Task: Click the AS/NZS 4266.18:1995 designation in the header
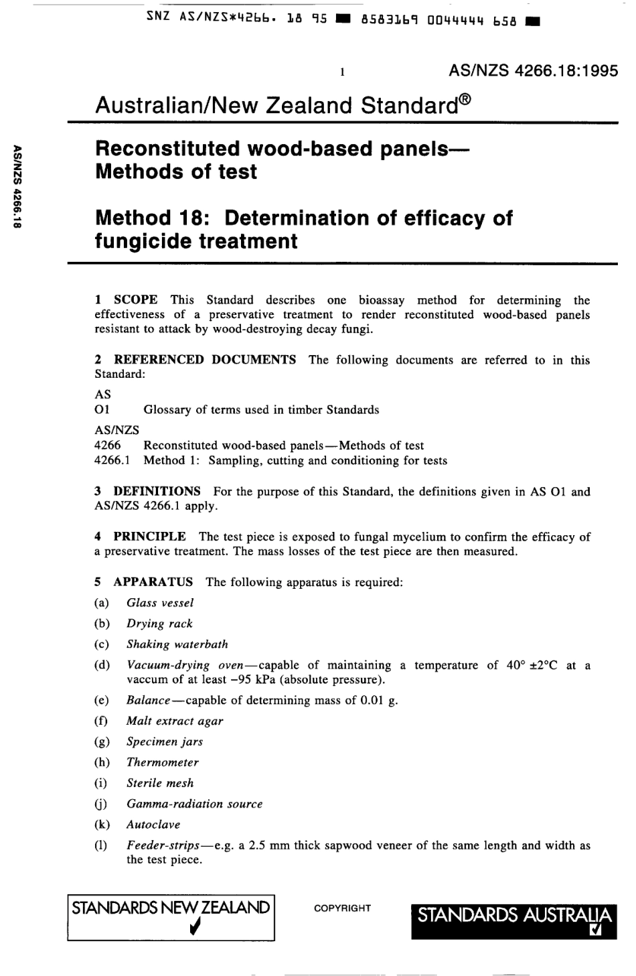(x=534, y=71)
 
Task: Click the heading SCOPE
(x=136, y=300)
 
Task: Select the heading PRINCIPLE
(x=149, y=536)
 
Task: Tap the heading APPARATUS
(x=153, y=581)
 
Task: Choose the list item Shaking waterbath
(x=177, y=644)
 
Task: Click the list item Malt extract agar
(x=175, y=721)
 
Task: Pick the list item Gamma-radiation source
(x=194, y=804)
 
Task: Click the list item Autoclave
(x=153, y=825)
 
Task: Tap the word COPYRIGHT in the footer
(x=342, y=908)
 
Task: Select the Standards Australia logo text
(x=514, y=915)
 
